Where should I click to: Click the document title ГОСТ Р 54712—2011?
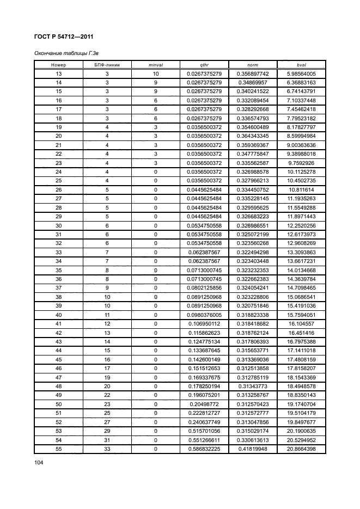[x=61, y=38]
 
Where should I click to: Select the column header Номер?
[x=58, y=65]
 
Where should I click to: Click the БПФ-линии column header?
[x=107, y=65]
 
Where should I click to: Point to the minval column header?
[x=156, y=65]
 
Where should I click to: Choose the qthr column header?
[x=204, y=65]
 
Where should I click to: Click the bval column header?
[x=301, y=65]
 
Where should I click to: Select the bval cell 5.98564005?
[x=301, y=73]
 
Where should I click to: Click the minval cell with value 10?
[x=156, y=73]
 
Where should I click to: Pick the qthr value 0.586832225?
[x=204, y=449]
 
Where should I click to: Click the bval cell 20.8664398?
[x=301, y=449]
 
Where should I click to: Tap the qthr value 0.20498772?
[x=204, y=404]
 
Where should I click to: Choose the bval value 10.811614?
[x=301, y=189]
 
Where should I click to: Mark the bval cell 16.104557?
[x=301, y=323]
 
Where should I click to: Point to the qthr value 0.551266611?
[x=204, y=439]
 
